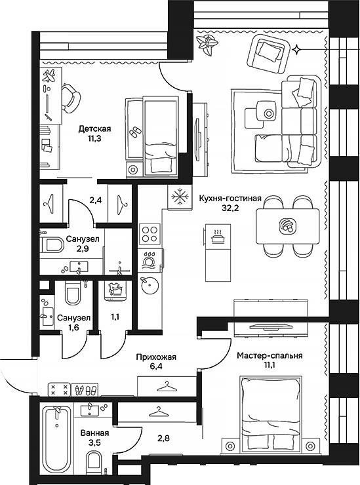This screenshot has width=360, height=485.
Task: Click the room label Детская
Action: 94,128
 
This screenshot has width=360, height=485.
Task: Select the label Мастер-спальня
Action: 270,356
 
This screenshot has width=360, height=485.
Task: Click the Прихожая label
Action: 156,357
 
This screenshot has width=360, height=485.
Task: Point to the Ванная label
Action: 94,433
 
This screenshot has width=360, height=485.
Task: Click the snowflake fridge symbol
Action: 178,197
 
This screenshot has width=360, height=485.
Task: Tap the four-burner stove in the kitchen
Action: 150,234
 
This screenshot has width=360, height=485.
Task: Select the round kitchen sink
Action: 150,286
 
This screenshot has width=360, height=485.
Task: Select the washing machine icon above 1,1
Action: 116,291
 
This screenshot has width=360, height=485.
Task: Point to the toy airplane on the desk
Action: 49,76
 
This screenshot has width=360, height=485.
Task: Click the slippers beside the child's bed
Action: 134,132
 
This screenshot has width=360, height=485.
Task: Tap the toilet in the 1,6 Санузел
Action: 73,292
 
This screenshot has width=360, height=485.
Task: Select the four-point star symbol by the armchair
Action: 296,50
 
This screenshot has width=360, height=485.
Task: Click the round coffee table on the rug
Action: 268,113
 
